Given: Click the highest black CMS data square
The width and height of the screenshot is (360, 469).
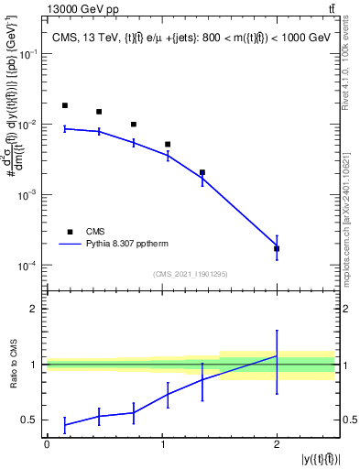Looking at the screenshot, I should (x=65, y=105).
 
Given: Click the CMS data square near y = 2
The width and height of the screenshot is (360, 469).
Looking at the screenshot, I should (x=277, y=248).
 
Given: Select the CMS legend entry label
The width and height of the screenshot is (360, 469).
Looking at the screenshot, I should (x=94, y=232).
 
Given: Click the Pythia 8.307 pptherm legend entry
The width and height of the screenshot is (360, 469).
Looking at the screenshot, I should (x=128, y=245).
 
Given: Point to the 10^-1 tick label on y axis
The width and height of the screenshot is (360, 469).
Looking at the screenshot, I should (x=30, y=54).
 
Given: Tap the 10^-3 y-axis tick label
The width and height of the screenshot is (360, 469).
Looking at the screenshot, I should (x=30, y=195).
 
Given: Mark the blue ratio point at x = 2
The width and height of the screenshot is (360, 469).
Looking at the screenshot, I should (x=277, y=355).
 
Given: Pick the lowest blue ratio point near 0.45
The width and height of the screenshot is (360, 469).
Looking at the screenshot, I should (x=65, y=425).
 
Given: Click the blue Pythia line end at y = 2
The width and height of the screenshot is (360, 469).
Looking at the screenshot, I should (x=277, y=246).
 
